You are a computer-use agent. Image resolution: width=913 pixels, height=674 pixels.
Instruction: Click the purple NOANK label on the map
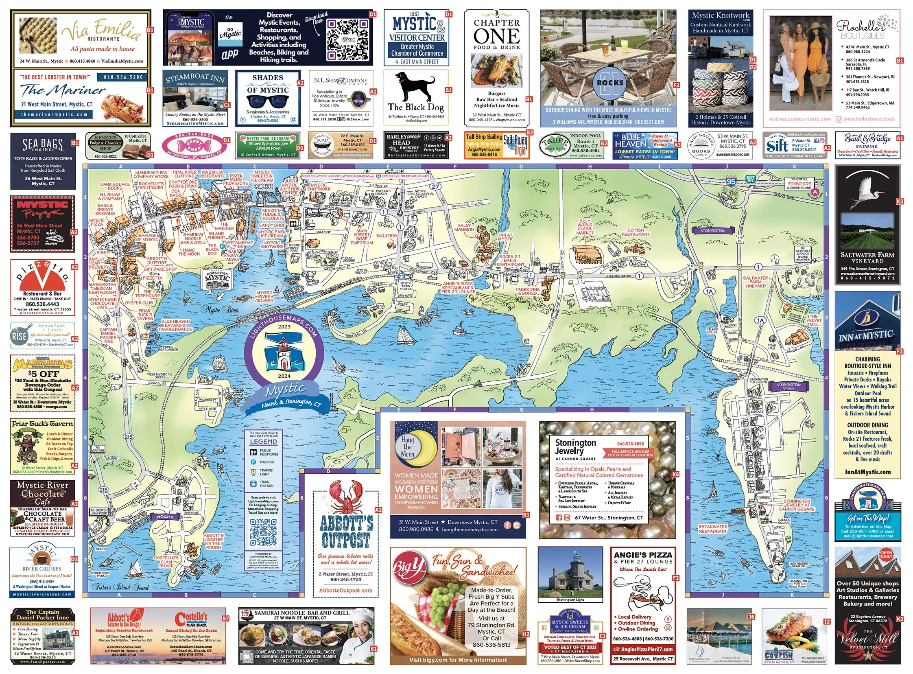point(165,516)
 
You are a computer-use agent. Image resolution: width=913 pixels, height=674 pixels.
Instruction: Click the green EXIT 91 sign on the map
point(750,178)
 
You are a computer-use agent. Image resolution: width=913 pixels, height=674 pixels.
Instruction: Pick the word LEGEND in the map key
point(263,442)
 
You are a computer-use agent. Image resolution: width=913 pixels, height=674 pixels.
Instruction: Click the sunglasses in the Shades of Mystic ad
point(267,101)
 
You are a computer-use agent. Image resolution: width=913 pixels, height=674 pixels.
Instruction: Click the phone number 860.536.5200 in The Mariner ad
point(123,77)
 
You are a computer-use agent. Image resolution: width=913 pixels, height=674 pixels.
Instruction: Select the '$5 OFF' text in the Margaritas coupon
point(44,373)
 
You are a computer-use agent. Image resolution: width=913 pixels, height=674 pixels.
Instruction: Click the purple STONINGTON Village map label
point(788,386)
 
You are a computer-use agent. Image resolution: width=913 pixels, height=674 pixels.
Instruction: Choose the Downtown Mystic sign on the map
point(217,277)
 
